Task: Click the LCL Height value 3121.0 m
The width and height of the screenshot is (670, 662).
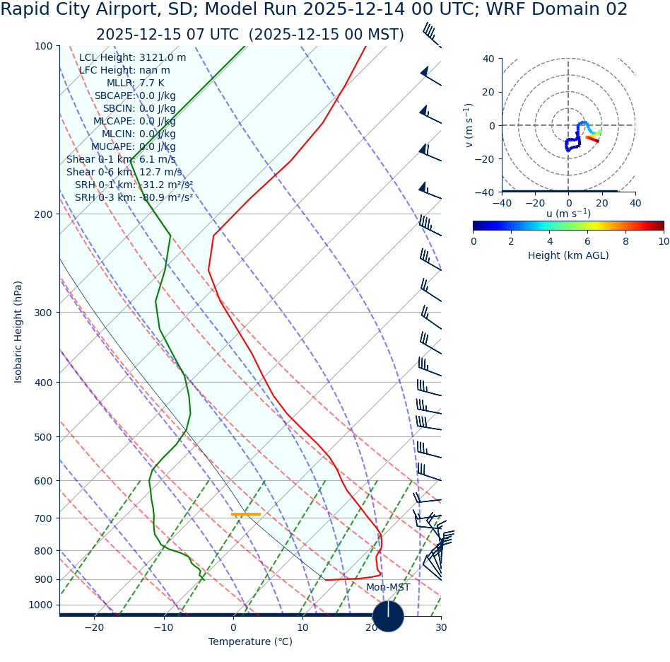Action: [x=163, y=58]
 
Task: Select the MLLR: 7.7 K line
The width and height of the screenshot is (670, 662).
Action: [x=135, y=83]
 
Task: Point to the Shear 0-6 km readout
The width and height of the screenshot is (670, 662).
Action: [x=124, y=173]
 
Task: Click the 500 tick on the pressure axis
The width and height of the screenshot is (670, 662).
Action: [x=44, y=437]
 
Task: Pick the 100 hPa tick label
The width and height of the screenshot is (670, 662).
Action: [x=44, y=46]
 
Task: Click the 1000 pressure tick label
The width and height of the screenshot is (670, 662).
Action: [x=41, y=605]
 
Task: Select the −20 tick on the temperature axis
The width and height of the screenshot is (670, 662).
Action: [x=94, y=628]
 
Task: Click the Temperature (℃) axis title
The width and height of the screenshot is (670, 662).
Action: [x=250, y=642]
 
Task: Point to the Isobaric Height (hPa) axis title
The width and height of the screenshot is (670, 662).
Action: [x=18, y=332]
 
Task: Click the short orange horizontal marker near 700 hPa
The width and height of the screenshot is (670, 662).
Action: [x=246, y=514]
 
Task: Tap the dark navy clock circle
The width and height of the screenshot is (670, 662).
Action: [x=388, y=616]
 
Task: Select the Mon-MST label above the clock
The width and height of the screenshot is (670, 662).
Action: [x=387, y=588]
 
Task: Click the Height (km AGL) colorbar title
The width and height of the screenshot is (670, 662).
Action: [x=568, y=256]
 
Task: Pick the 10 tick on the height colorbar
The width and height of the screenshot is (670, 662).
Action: [x=663, y=241]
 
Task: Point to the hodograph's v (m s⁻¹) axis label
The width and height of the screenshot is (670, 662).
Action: [x=468, y=125]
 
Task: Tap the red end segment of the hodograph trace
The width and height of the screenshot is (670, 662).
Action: [x=592, y=139]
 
